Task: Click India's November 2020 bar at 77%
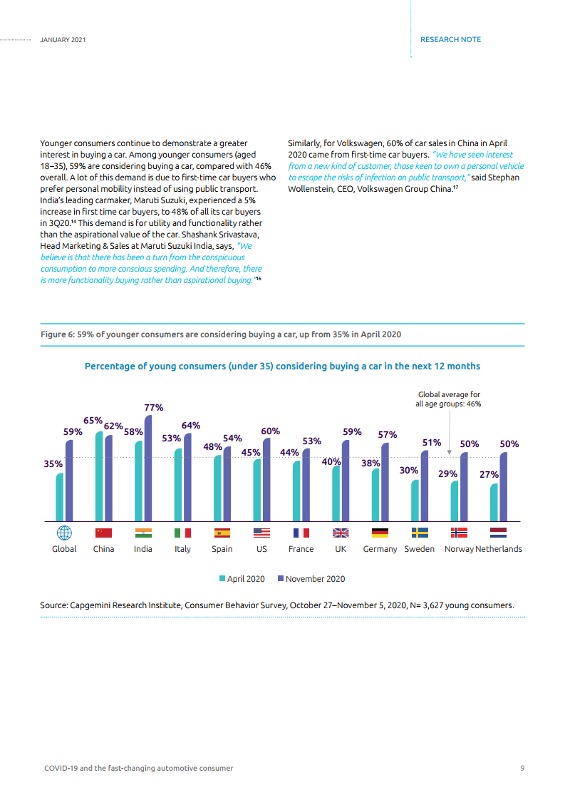click(x=148, y=468)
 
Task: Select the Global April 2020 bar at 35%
click(x=60, y=497)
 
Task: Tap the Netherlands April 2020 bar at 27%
click(x=494, y=503)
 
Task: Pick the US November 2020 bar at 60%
click(x=266, y=480)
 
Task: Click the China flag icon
click(x=103, y=533)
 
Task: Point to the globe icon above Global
click(x=64, y=533)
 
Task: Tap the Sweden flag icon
click(x=420, y=533)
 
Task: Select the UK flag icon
click(x=341, y=533)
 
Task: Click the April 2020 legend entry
click(x=242, y=578)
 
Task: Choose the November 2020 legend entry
click(x=311, y=578)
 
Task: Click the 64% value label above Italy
click(x=191, y=426)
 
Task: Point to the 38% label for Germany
click(x=370, y=463)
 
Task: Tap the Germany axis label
click(x=380, y=549)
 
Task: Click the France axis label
click(x=301, y=549)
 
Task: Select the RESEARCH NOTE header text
click(x=451, y=40)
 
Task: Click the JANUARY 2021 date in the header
click(x=63, y=40)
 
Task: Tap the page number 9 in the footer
click(x=522, y=768)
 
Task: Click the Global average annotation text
click(x=449, y=399)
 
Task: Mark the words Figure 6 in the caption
click(x=53, y=334)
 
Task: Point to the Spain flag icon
click(x=222, y=533)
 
